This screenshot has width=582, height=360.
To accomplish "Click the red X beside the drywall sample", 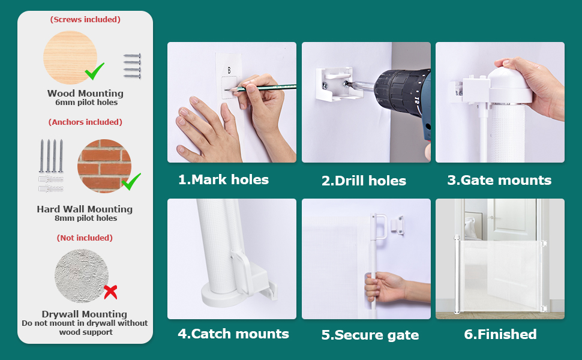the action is click(x=110, y=292).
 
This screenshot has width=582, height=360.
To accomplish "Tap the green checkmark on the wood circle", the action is click(x=94, y=71).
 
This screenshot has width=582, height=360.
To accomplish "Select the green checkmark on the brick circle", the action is click(x=131, y=181).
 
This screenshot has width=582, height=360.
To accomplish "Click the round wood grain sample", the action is click(x=70, y=58).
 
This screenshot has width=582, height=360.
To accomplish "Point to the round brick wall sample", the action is click(x=104, y=166).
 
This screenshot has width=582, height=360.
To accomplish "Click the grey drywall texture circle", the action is click(x=82, y=276).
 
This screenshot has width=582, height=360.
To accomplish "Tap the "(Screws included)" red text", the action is click(x=85, y=19).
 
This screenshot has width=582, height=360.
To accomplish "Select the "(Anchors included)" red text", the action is click(x=85, y=122).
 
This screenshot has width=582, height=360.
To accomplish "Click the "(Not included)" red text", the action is click(x=85, y=238).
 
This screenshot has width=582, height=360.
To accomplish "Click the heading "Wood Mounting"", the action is click(x=85, y=93).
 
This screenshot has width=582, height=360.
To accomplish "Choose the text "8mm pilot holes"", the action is click(x=86, y=218).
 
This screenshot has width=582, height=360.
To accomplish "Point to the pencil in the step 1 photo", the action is click(x=260, y=88).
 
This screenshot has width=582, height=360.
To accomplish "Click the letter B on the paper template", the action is click(x=229, y=70).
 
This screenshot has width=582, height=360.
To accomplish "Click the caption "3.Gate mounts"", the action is click(x=499, y=180).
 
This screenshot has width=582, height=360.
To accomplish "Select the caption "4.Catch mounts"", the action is click(x=233, y=334).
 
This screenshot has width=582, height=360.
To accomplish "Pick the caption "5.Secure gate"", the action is click(x=370, y=335).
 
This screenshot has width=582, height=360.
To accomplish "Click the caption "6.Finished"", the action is click(x=500, y=334).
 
